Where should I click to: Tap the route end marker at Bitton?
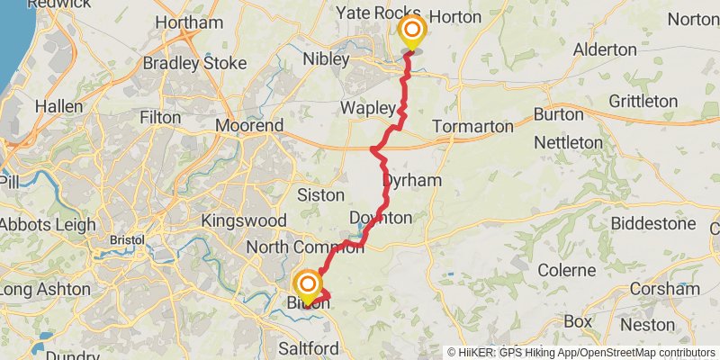pyautogui.click(x=308, y=286)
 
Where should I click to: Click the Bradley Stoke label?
pyautogui.click(x=193, y=64)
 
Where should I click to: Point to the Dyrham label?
pyautogui.click(x=412, y=180)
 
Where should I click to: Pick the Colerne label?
pyautogui.click(x=566, y=270)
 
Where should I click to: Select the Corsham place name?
pyautogui.click(x=666, y=289)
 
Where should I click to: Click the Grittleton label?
pyautogui.click(x=643, y=101)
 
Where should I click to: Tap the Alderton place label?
pyautogui.click(x=605, y=49)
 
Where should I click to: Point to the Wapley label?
pyautogui.click(x=368, y=108)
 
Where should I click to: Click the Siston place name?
pyautogui.click(x=320, y=194)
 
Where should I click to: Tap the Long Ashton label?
pyautogui.click(x=45, y=289)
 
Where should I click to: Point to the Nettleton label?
pyautogui.click(x=568, y=142)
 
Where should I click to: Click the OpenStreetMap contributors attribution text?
pyautogui.click(x=630, y=352)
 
